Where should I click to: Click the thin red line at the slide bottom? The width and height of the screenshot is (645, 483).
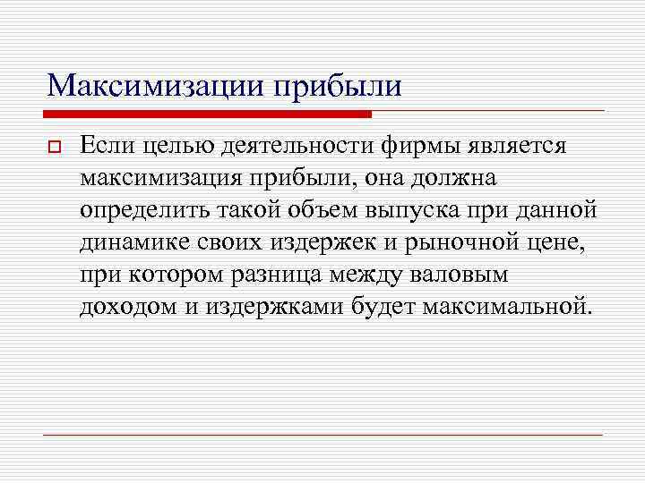(322, 435)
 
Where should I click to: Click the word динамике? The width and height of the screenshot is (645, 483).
(130, 241)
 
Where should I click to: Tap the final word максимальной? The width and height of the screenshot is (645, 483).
(523, 306)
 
